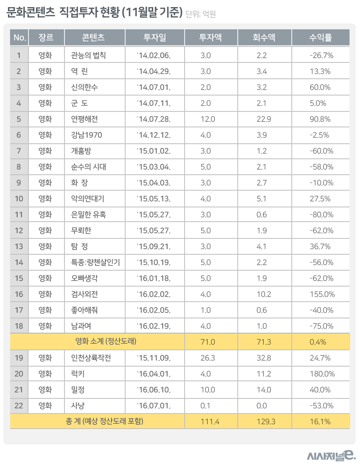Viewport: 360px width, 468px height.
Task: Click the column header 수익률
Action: point(320,38)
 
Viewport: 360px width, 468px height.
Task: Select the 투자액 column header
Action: point(211,38)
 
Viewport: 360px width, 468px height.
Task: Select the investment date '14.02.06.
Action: point(154,55)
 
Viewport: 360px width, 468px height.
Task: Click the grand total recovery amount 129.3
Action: point(265,421)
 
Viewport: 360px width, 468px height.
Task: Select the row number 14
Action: point(19,262)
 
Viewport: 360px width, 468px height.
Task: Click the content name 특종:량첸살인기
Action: point(95,262)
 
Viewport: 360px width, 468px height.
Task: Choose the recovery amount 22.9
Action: point(264,119)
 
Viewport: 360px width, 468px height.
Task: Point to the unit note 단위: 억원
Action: point(201,14)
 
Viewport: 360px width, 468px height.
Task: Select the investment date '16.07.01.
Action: point(154,406)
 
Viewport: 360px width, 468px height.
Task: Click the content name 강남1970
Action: point(86,135)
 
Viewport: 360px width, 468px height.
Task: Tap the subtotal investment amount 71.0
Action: point(208,342)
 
